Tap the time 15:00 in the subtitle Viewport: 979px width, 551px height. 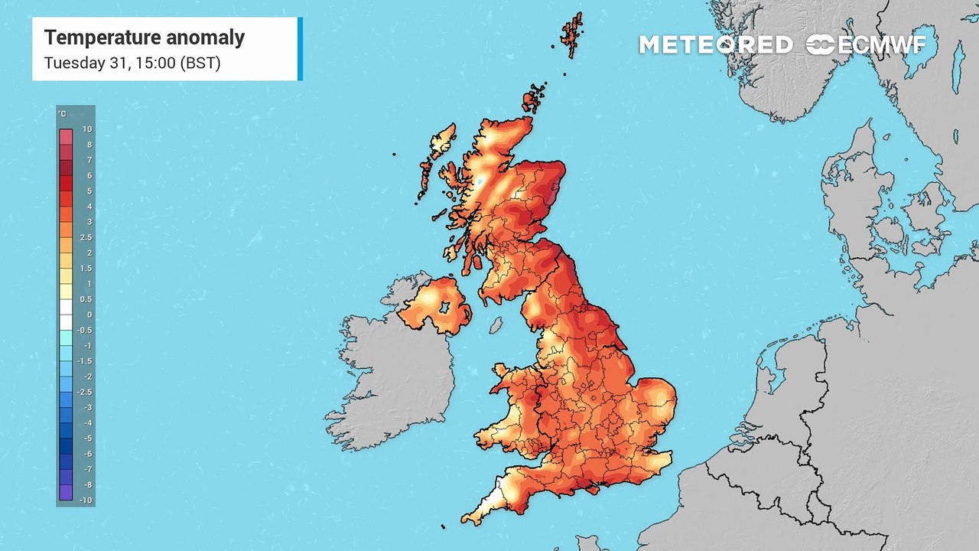click(x=152, y=63)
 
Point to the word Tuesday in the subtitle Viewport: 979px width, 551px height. click(x=73, y=63)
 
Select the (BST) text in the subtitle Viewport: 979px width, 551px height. click(x=200, y=63)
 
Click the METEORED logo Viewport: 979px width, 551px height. click(x=715, y=45)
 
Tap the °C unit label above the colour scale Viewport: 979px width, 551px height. click(x=63, y=115)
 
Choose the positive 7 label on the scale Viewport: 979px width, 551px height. click(x=89, y=161)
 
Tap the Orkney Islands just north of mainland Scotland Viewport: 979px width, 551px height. click(x=533, y=99)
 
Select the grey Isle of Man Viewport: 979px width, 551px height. click(x=496, y=325)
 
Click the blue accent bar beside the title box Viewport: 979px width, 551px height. click(x=300, y=48)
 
